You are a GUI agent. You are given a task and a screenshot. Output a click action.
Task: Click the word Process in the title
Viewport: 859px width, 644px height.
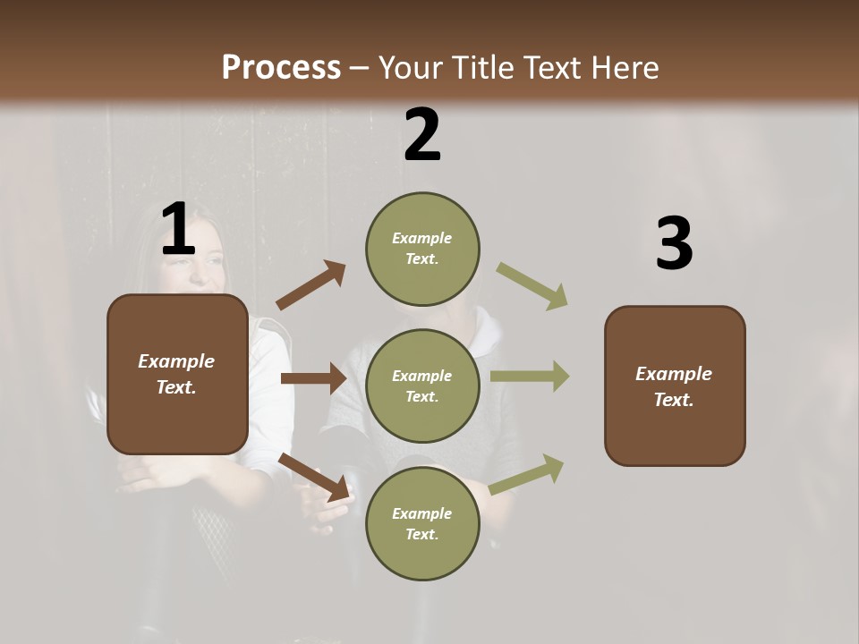coord(281,67)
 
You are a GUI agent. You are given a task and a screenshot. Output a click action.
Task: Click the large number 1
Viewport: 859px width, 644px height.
coord(178,230)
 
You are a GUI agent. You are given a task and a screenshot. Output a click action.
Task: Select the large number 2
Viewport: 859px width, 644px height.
coord(422,135)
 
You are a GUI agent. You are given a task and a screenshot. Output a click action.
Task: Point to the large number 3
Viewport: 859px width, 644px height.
coord(674,244)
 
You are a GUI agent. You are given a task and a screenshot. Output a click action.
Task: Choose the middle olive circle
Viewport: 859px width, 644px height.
coord(422,386)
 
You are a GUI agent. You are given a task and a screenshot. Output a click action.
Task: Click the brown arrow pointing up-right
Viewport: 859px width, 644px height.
coord(311,285)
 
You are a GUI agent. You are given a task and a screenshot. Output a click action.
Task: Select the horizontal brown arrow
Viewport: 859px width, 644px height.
coord(313,378)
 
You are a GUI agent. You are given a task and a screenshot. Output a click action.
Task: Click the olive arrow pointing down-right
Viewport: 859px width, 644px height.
coord(532,286)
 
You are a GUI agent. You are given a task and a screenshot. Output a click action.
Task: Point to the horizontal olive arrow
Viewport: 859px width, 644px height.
coord(530,377)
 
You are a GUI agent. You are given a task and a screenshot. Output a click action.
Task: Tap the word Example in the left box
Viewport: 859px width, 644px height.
coord(176,361)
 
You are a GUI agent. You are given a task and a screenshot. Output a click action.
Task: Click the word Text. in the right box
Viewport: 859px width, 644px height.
coord(674,400)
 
